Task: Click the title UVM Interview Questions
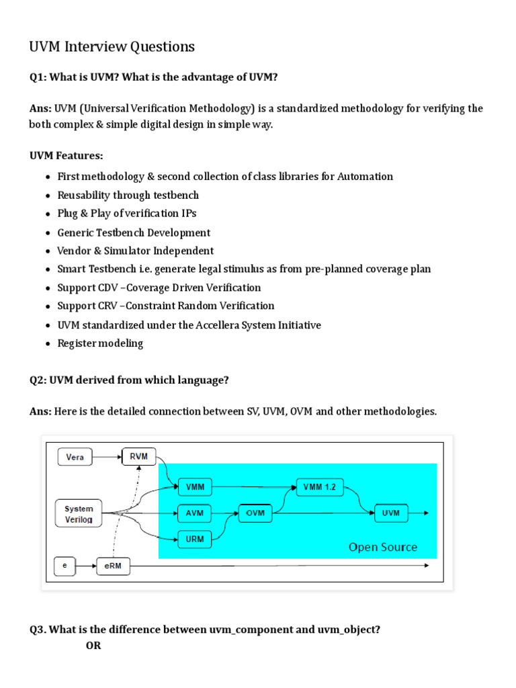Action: coord(112,46)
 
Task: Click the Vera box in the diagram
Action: coord(75,458)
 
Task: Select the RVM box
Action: coord(138,458)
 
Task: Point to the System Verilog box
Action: coord(79,514)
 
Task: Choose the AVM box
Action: coord(193,513)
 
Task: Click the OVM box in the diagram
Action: coord(255,513)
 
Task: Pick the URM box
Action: coord(193,539)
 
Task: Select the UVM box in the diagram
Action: coord(390,513)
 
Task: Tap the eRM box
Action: coord(113,566)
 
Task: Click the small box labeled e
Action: coord(65,566)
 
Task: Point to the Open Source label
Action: coord(382,547)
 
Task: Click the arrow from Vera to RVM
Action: coord(107,458)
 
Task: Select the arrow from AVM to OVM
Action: coord(224,513)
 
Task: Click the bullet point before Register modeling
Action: coord(48,344)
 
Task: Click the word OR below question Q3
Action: coord(93,646)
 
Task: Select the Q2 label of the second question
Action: coord(37,380)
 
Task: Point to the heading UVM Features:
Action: coord(66,156)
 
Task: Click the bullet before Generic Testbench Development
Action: coord(48,233)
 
